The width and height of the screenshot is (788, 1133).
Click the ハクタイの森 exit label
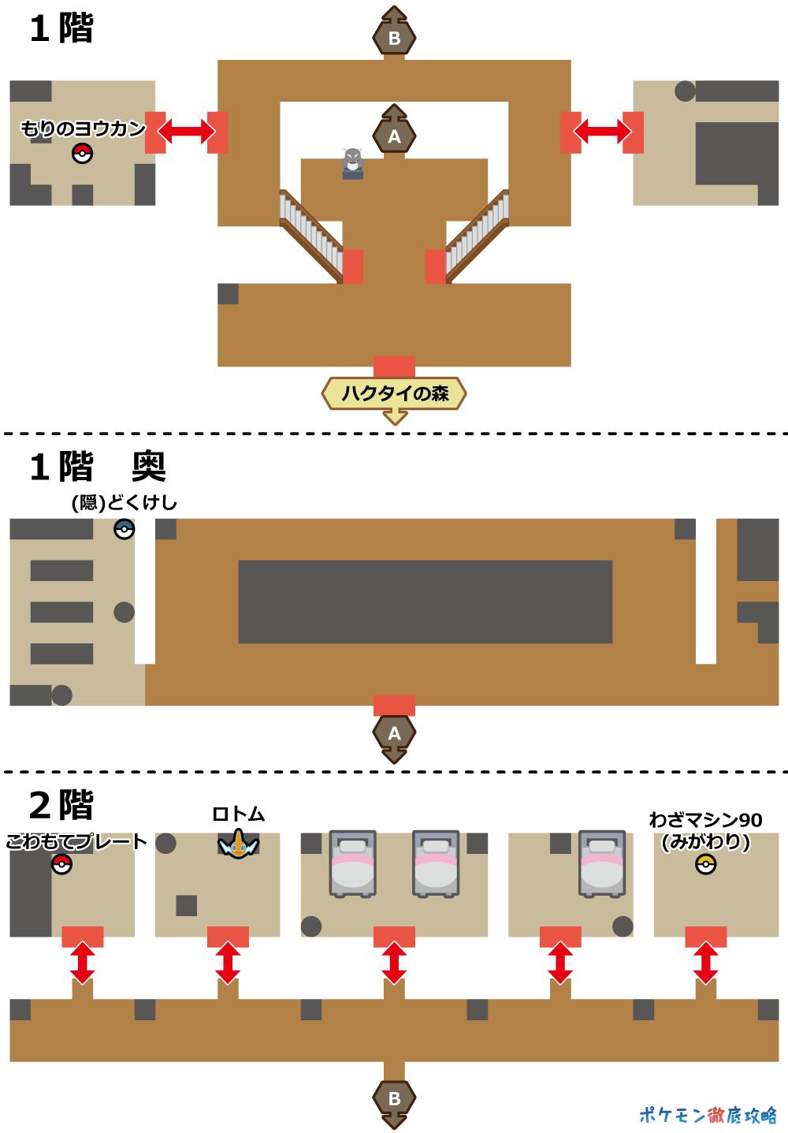tap(394, 393)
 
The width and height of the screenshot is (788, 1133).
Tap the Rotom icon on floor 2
tap(238, 845)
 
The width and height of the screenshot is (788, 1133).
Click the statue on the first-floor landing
tap(353, 163)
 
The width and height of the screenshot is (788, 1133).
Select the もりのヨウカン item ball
tap(82, 153)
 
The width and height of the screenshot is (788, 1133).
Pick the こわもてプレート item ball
tap(61, 865)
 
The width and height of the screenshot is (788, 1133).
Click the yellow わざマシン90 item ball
tap(705, 865)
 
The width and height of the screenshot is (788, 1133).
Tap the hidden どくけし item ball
tap(125, 528)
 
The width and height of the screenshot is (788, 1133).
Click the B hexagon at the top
tap(394, 36)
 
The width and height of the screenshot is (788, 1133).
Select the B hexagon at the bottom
tap(394, 1098)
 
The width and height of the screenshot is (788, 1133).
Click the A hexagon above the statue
tap(394, 136)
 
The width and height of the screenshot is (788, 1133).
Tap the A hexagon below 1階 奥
tap(394, 733)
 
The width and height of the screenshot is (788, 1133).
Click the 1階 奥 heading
tap(98, 467)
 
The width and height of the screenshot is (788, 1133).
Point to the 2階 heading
tap(61, 805)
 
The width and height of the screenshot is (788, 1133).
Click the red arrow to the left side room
tap(186, 132)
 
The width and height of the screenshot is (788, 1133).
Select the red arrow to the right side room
tap(602, 132)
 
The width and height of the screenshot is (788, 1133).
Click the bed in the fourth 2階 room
tap(602, 863)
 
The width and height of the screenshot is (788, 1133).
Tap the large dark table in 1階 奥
tap(425, 602)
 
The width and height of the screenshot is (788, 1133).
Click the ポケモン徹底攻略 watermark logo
tap(707, 1114)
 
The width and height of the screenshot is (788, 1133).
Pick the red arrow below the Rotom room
tap(228, 963)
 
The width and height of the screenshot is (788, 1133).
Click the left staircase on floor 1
tap(312, 235)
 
